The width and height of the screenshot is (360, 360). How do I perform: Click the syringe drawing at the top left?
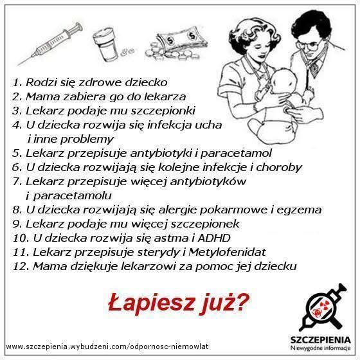(x=50, y=44)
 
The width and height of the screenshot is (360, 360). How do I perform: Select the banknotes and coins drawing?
(x=176, y=42)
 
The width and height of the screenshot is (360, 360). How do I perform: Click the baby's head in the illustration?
(x=284, y=80)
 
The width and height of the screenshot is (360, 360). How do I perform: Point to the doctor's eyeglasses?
(x=310, y=45)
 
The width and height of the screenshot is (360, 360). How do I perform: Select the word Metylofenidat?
(x=227, y=252)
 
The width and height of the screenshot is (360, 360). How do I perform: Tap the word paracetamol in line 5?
(x=236, y=154)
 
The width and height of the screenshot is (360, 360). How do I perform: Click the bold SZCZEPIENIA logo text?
(x=320, y=340)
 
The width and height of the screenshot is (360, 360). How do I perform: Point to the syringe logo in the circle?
(x=323, y=307)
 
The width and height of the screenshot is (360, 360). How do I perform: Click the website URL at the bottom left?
(x=107, y=346)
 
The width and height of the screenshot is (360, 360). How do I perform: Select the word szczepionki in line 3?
(x=163, y=111)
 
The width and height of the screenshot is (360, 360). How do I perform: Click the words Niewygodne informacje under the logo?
(x=320, y=348)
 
